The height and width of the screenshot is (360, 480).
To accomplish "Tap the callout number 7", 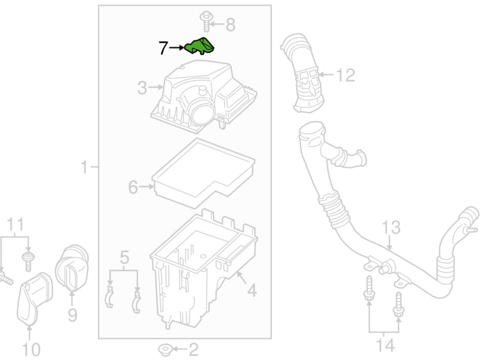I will (x=164, y=48).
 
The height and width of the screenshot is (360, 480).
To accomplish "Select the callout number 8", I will (x=230, y=24).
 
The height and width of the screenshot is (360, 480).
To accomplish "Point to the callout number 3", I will (x=143, y=88).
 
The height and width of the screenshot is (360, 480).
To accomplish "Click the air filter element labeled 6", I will (x=202, y=170).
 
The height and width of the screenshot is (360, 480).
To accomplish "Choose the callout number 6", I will (x=133, y=187).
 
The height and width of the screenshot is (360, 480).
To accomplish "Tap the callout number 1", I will (x=84, y=168).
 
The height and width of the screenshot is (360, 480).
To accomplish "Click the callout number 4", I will (x=252, y=290).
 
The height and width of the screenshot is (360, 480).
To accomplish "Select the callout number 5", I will (x=124, y=258).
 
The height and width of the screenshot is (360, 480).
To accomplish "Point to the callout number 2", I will (x=193, y=349).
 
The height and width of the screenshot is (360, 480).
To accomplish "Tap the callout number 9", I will (x=72, y=315).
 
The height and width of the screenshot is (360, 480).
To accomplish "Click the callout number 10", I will (x=31, y=349).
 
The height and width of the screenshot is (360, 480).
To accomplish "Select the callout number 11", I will (x=15, y=224).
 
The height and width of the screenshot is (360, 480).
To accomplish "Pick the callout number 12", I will (x=345, y=75).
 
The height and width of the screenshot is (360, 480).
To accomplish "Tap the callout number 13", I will (x=391, y=228).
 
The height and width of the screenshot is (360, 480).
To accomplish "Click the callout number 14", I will (x=384, y=344).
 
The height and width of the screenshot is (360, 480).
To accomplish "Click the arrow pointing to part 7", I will (x=178, y=48).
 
